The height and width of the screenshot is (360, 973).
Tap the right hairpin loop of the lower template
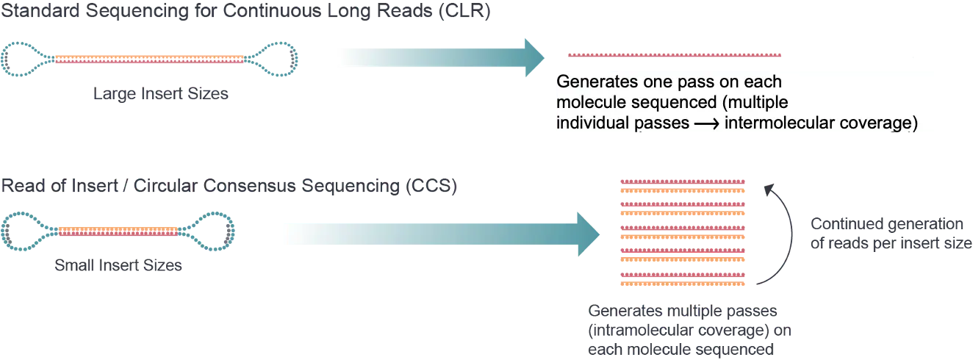pos(214,230)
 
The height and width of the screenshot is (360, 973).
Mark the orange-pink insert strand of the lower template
pos(118,230)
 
